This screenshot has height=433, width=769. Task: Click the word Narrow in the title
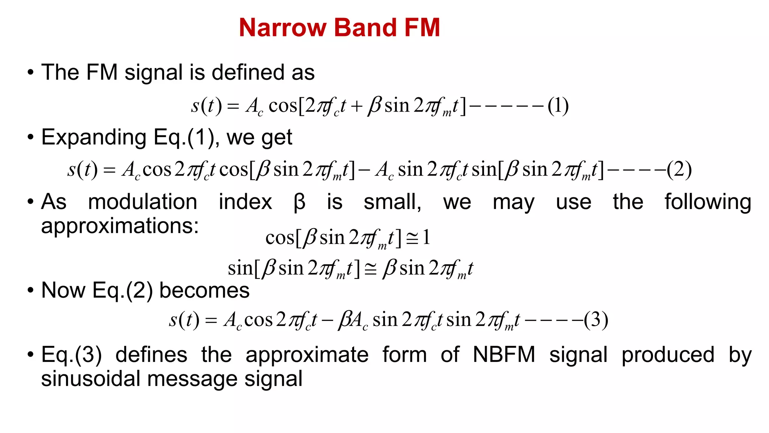point(283,28)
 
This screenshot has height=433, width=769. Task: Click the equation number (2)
point(679,170)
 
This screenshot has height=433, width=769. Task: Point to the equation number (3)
point(596,320)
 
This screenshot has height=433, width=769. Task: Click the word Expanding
point(94,138)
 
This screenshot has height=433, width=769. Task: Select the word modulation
point(143,202)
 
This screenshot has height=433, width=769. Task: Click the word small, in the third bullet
point(393,202)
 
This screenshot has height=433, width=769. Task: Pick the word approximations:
point(120,226)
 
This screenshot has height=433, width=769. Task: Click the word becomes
point(205,291)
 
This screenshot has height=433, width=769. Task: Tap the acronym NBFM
point(504,354)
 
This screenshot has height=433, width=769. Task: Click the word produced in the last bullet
point(668,354)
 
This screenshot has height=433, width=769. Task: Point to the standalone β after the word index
point(299,203)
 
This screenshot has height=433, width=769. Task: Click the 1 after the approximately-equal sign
point(426,238)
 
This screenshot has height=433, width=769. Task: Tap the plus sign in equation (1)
point(357,107)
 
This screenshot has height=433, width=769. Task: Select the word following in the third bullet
point(708,202)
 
